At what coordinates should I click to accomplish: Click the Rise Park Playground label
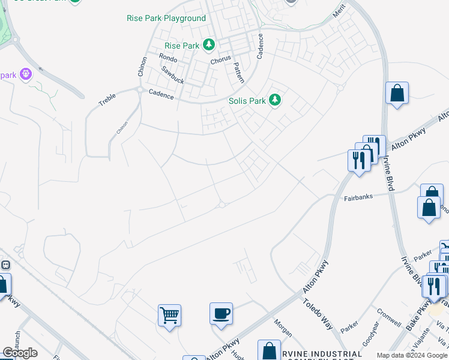(166, 19)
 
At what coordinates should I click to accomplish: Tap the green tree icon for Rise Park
(209, 45)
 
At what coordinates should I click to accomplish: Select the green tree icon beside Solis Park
(275, 100)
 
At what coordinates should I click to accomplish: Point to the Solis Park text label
(247, 101)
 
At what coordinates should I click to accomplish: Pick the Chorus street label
(220, 61)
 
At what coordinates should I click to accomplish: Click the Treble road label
(107, 100)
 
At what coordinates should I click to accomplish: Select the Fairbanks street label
(358, 197)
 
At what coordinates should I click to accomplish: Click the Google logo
(20, 352)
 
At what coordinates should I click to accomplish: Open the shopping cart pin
(170, 314)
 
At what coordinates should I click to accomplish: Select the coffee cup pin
(221, 313)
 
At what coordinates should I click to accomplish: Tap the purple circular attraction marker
(25, 74)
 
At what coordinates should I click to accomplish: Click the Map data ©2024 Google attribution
(412, 355)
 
